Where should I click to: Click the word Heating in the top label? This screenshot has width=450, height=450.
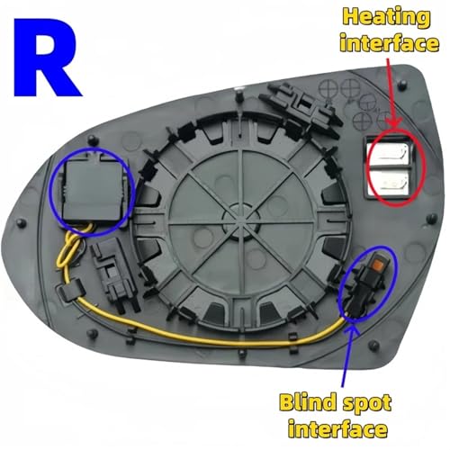387,18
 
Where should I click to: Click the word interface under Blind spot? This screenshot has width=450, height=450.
337,429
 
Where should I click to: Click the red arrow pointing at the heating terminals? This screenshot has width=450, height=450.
391,93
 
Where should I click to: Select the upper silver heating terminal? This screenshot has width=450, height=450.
389,154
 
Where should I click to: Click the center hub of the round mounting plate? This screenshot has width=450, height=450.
241,217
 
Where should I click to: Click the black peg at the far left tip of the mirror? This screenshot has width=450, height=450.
21,223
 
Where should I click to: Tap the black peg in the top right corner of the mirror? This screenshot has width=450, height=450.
402,84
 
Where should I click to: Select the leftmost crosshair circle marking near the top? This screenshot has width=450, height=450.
328,88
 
